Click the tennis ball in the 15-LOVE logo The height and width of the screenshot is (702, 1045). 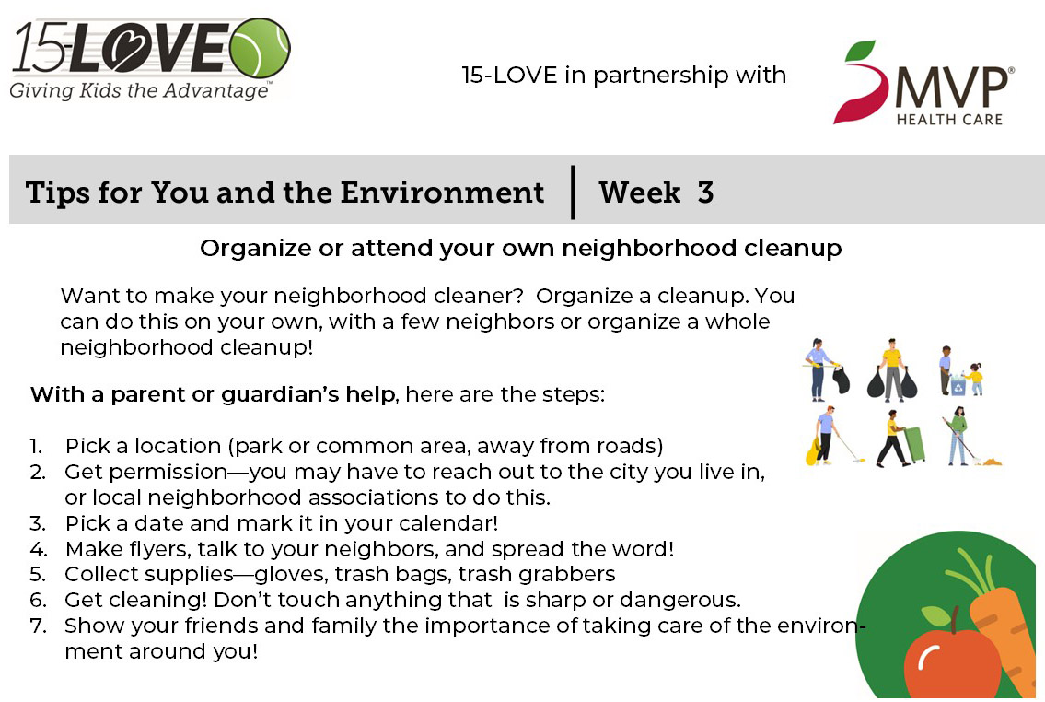pyautogui.click(x=260, y=48)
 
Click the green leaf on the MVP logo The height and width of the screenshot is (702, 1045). pyautogui.click(x=859, y=52)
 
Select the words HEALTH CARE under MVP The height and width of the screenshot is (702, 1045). pyautogui.click(x=949, y=120)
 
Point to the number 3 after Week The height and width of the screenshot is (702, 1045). pyautogui.click(x=706, y=193)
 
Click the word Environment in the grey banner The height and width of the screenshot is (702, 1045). pyautogui.click(x=442, y=193)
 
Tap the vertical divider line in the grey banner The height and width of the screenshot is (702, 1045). pyautogui.click(x=574, y=192)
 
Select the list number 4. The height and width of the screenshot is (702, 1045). pyautogui.click(x=38, y=549)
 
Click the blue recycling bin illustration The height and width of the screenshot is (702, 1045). pyautogui.click(x=958, y=385)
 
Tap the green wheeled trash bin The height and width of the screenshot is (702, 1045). pyautogui.click(x=915, y=444)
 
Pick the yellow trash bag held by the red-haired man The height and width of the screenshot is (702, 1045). pyautogui.click(x=812, y=451)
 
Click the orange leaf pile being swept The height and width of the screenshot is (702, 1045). pyautogui.click(x=992, y=461)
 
